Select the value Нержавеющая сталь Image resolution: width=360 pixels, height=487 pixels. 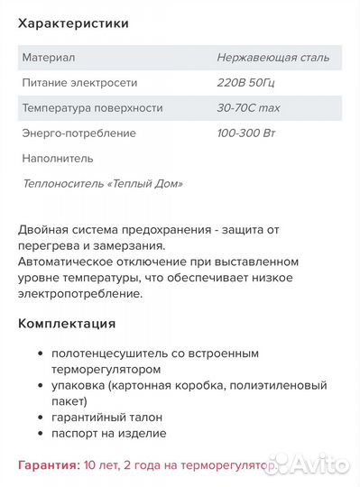[273, 58]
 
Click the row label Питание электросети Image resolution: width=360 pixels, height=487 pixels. [79, 83]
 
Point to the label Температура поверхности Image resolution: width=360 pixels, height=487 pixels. [92, 108]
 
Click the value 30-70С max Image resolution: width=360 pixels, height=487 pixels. [249, 108]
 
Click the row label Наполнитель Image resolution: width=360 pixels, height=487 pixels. [57, 159]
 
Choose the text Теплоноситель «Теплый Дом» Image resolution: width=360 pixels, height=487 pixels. [102, 184]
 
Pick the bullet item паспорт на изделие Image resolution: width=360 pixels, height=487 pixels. [108, 434]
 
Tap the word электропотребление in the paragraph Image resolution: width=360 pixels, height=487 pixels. [81, 294]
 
